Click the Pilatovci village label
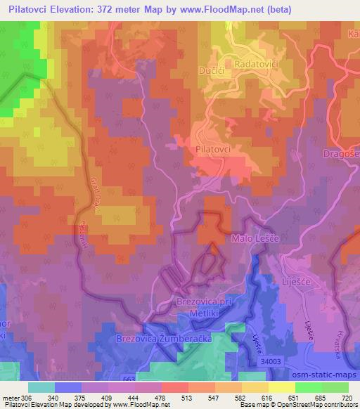214,150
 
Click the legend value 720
345,398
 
